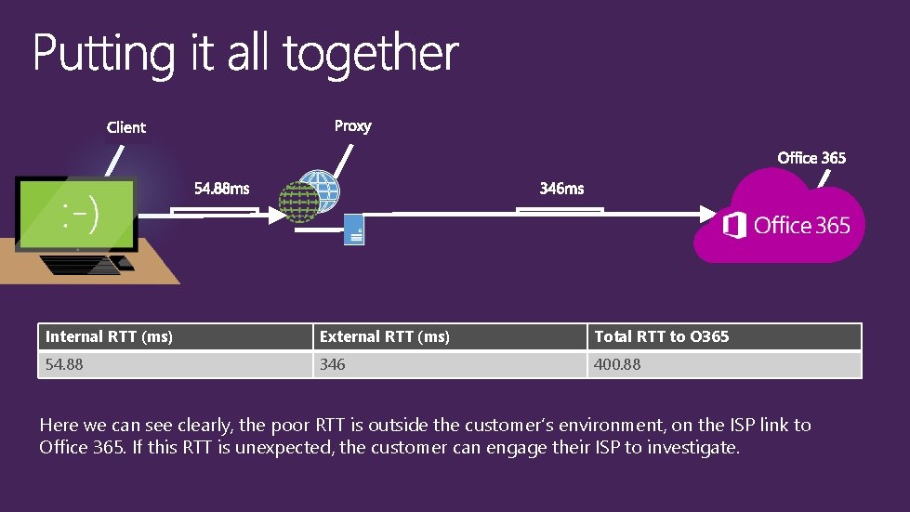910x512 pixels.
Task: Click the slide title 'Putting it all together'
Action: coord(245,54)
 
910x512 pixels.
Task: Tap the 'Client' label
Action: coord(126,127)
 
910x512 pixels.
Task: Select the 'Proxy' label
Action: coord(352,126)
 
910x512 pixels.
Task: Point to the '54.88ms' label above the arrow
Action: coord(221,189)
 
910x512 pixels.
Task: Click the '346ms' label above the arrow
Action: coord(561,189)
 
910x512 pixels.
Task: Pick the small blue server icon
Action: coord(354,230)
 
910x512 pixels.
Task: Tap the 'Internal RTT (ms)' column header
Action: coord(110,336)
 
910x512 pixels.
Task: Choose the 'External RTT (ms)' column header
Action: coord(385,336)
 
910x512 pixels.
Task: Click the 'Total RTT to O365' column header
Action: coord(662,336)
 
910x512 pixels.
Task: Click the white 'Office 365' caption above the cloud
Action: coord(811,158)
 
